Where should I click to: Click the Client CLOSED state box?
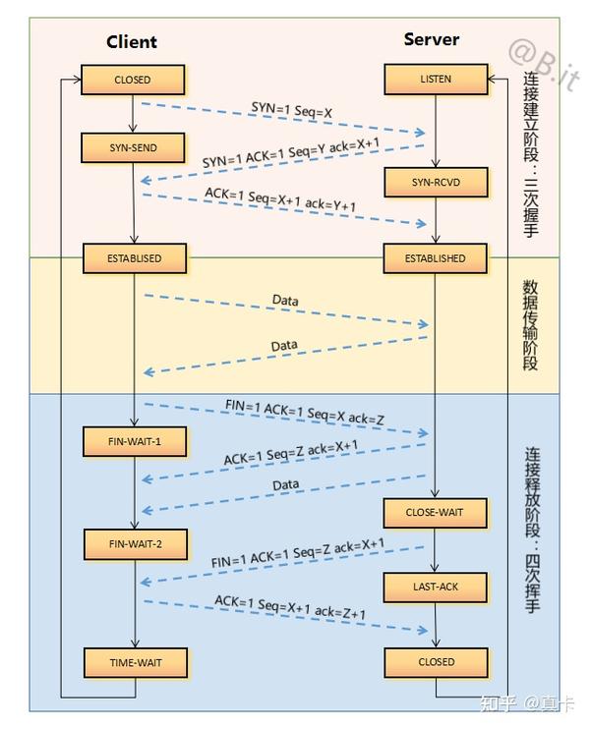(133, 80)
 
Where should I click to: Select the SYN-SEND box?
(133, 148)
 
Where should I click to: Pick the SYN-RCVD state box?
(435, 182)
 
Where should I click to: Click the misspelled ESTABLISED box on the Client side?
(134, 258)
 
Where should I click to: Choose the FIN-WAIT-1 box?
(135, 442)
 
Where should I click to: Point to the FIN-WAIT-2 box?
(135, 542)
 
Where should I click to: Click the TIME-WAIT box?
(135, 662)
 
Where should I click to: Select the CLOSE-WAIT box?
(435, 512)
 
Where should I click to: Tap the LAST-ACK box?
(435, 587)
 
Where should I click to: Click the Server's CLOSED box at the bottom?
(435, 662)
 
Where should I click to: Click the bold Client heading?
(132, 42)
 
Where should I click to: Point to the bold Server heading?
(431, 39)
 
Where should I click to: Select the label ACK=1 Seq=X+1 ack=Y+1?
(280, 197)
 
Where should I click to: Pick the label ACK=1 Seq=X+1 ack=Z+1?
(290, 607)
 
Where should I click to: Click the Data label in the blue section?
(285, 484)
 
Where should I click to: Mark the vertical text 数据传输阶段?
(531, 325)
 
